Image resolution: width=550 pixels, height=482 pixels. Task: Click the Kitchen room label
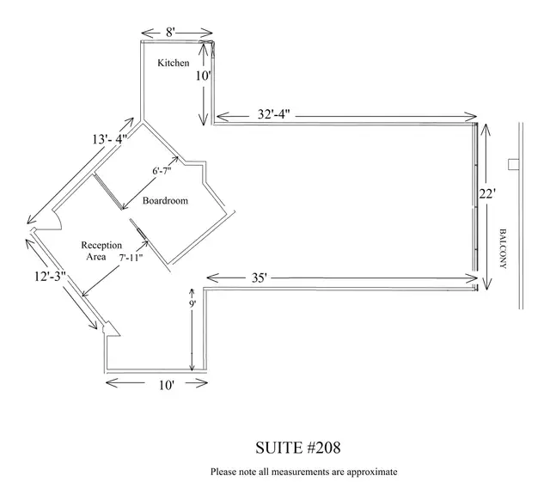point(174,63)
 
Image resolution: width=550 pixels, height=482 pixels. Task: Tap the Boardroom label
point(165,201)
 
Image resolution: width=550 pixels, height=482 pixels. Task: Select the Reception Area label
point(101,251)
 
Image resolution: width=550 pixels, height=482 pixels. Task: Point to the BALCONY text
point(503,248)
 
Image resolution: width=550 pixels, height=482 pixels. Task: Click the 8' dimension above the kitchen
point(170,33)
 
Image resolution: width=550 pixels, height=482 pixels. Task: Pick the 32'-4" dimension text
point(273,114)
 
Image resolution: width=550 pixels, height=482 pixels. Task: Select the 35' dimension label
point(260,278)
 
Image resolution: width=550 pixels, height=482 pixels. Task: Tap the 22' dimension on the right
point(487,193)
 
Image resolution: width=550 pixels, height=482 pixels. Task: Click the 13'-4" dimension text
point(109,139)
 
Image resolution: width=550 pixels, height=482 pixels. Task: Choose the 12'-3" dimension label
point(50,277)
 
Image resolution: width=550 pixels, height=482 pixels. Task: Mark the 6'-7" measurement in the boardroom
point(162,171)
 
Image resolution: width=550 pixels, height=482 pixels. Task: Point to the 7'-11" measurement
point(131,258)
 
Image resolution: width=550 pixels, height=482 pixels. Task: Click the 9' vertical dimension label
point(192,304)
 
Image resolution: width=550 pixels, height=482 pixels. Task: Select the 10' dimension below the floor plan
point(167,385)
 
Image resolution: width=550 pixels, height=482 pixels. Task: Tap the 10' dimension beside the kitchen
point(203,76)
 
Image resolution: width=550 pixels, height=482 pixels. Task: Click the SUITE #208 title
point(298,448)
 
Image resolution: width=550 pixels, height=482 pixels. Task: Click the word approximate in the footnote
point(372,472)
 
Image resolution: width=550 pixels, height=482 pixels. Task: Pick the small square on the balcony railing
point(514,164)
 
